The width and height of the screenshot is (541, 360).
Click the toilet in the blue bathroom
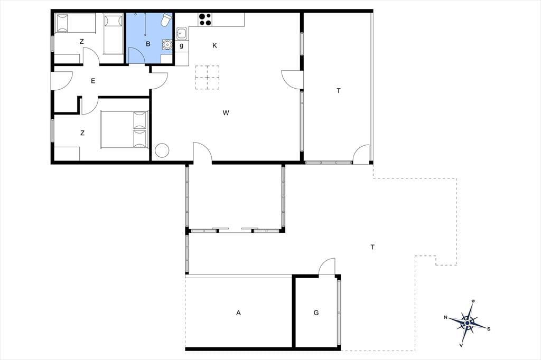[166, 20]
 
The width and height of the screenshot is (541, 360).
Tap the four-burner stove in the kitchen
[205, 20]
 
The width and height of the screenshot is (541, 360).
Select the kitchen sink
[182, 34]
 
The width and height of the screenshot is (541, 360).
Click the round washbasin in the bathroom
[167, 44]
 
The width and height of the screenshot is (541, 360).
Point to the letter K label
[214, 45]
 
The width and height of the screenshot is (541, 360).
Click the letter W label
[226, 113]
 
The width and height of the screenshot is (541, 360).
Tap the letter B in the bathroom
[148, 44]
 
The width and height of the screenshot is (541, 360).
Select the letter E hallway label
[93, 81]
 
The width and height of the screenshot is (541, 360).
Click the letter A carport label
[238, 313]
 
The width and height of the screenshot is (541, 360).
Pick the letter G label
[316, 313]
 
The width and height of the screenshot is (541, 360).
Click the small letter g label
[182, 45]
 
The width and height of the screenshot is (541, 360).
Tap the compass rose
[467, 323]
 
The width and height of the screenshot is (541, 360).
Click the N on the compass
[446, 317]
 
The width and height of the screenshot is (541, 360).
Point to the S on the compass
[489, 329]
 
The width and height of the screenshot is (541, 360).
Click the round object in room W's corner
[162, 150]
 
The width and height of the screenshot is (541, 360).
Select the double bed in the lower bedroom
[124, 129]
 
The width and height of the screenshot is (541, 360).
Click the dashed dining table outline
[207, 77]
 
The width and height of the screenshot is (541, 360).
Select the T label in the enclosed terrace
[339, 91]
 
